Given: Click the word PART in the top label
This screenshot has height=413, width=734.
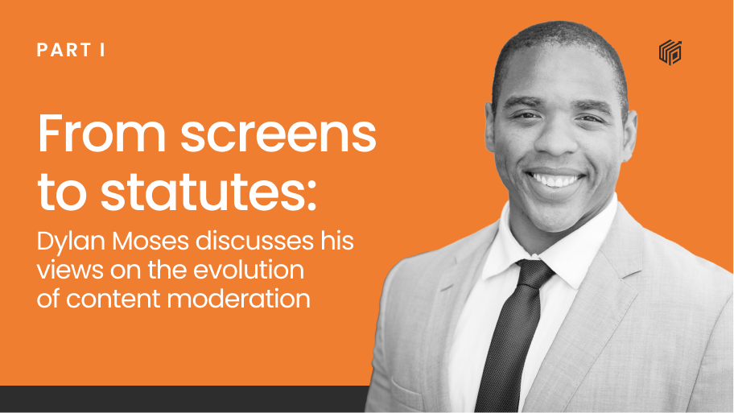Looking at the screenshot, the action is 64,50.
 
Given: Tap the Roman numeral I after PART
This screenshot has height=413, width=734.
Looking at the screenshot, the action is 102,50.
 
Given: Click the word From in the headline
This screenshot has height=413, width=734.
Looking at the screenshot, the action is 101,134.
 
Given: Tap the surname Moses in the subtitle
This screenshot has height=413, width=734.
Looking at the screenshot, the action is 151,242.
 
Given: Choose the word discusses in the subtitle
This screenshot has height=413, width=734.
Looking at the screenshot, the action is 254,242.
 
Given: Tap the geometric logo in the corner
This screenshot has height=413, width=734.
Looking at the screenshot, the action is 670,52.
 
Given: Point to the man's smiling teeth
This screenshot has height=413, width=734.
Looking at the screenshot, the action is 555,180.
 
